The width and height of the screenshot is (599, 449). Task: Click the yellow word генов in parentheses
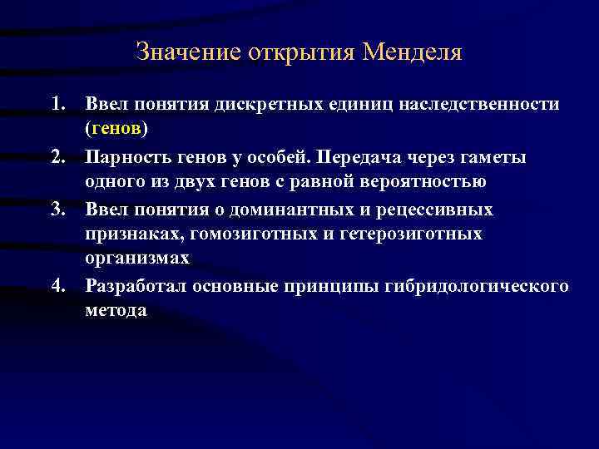click(116, 131)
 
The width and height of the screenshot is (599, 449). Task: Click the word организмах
click(136, 259)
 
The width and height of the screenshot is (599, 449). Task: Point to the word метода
click(116, 311)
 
